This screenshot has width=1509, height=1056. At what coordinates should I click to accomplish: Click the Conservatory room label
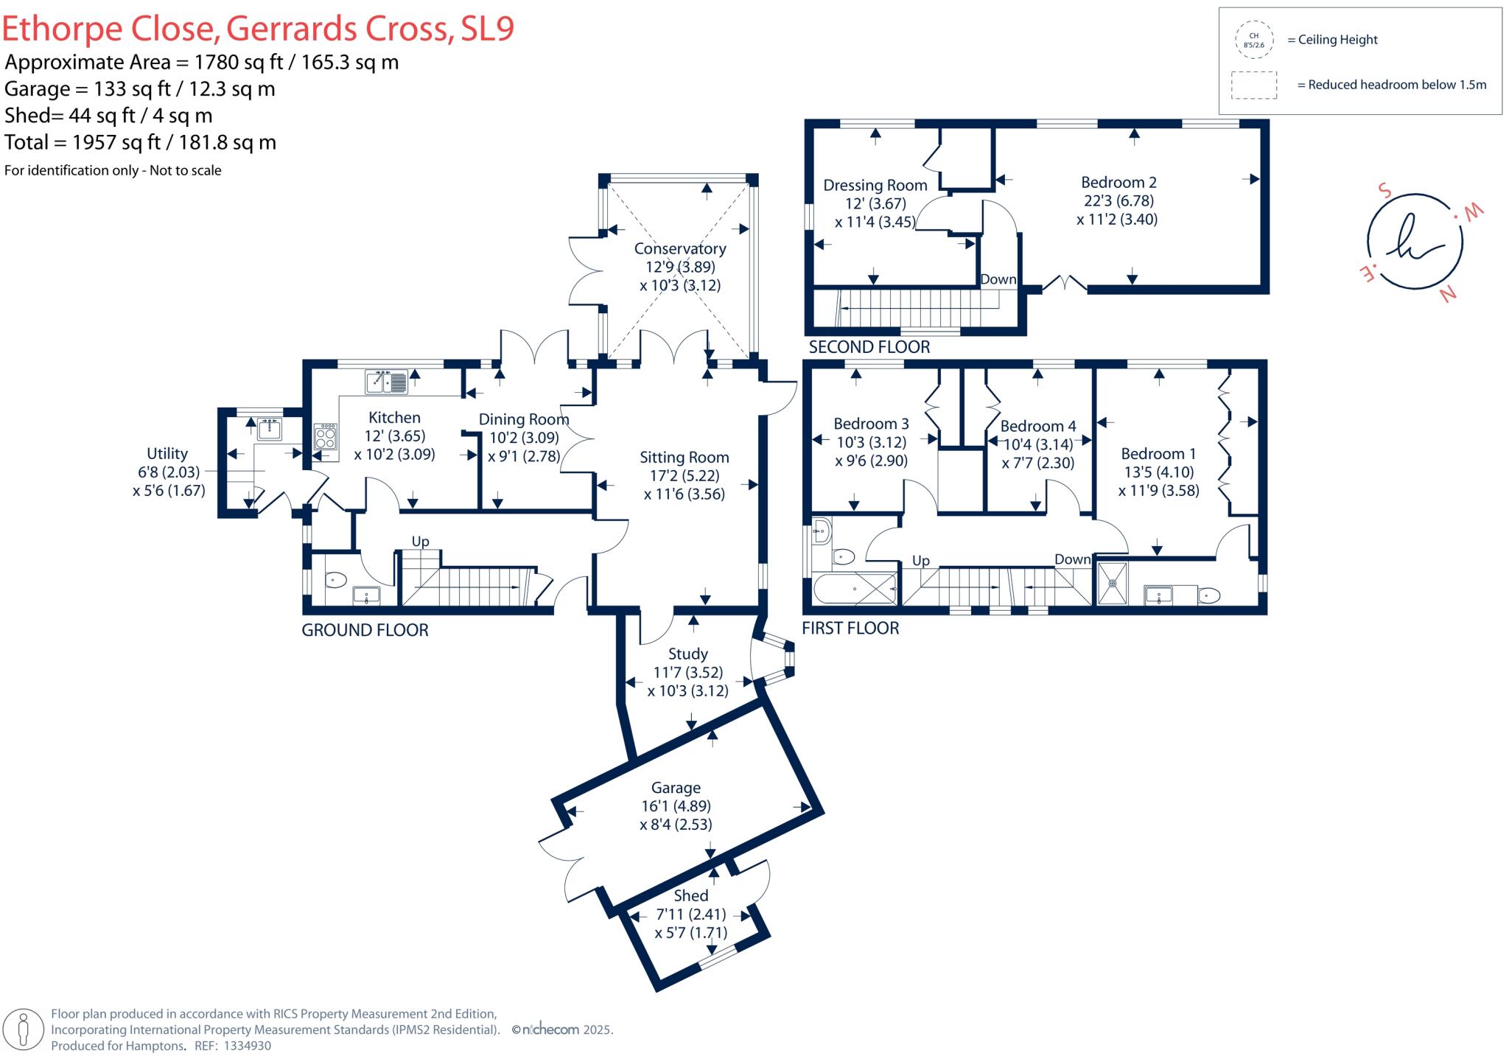(x=679, y=249)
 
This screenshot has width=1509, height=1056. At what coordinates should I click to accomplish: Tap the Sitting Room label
(x=684, y=458)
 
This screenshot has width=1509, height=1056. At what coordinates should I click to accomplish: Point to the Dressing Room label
(x=875, y=186)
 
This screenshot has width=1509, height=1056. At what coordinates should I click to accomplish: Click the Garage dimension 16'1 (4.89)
(x=676, y=806)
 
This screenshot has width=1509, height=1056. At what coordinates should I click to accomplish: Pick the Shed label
(x=690, y=895)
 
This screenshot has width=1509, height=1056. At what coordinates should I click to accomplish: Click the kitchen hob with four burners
(x=326, y=436)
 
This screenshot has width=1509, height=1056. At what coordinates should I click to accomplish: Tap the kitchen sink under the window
(x=386, y=382)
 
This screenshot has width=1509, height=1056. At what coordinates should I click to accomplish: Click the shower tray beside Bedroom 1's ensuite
(x=1113, y=584)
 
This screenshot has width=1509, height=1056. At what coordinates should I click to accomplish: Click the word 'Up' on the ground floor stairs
(x=420, y=542)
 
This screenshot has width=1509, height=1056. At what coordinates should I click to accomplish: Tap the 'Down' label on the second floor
(x=998, y=280)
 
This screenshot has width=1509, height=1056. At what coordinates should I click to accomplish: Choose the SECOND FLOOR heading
(x=869, y=347)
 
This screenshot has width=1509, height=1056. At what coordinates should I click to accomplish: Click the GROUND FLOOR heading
(x=365, y=630)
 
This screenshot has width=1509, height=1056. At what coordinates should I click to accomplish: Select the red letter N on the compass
(x=1448, y=294)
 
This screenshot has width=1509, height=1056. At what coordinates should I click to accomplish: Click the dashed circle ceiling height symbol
(x=1253, y=40)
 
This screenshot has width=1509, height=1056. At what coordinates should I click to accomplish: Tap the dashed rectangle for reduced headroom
(x=1253, y=85)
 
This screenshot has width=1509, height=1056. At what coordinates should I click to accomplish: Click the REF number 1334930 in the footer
(x=247, y=1046)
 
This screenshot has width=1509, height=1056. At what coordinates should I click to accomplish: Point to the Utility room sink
(x=270, y=428)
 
